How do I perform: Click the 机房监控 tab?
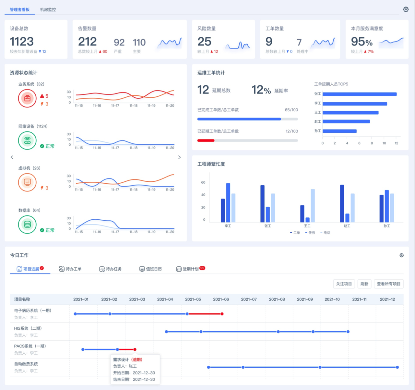(48, 10)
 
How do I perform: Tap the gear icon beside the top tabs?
(406, 9)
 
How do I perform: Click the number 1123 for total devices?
(22, 42)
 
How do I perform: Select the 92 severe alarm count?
(119, 43)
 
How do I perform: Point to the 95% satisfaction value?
(362, 42)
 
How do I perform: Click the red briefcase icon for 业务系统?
(27, 98)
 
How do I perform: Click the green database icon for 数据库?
(27, 224)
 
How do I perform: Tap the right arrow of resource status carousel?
(179, 157)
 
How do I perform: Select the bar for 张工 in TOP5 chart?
(359, 94)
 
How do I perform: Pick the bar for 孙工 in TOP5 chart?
(339, 131)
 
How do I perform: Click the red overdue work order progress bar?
(206, 140)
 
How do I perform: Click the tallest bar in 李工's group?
(228, 202)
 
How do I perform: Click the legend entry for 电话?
(325, 233)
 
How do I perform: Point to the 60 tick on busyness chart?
(203, 182)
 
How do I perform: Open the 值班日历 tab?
(150, 269)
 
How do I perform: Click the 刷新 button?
(364, 284)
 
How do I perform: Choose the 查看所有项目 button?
(388, 284)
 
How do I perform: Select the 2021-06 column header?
(221, 299)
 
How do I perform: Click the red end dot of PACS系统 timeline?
(135, 349)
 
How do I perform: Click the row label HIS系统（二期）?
(28, 328)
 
